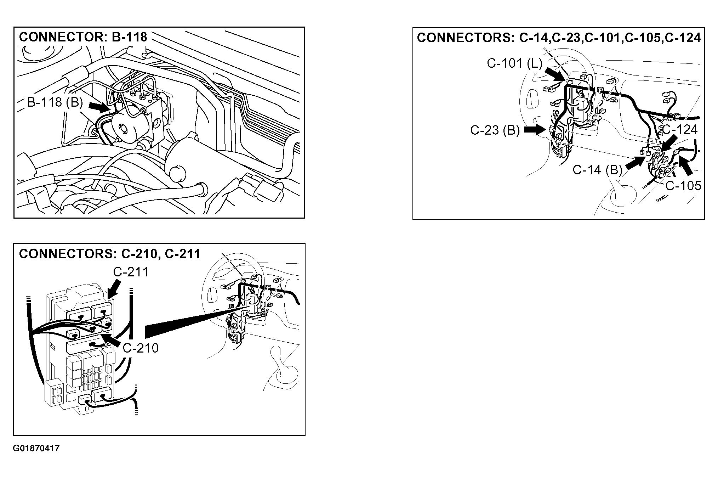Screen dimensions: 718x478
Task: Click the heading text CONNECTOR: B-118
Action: pos(83,36)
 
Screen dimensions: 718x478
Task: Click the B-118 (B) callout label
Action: pos(55,102)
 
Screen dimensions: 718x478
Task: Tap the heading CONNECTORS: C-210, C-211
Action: pos(110,254)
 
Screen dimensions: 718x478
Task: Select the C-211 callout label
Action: pos(131,272)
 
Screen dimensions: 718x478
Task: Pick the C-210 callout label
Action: pos(141,348)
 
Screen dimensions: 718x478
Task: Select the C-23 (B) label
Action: pos(495,130)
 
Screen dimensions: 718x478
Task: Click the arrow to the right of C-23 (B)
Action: pos(535,130)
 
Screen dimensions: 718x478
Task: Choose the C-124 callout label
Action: pos(679,129)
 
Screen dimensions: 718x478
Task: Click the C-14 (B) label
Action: pos(598,170)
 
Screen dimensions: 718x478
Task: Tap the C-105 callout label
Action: pos(683,186)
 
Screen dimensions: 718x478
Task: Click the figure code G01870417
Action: pos(36,449)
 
